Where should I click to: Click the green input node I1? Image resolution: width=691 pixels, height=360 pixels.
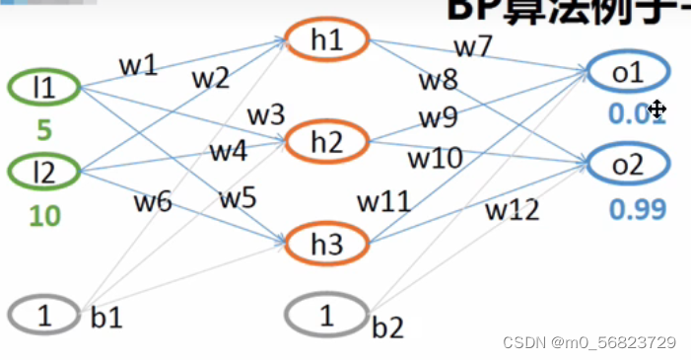coord(42,88)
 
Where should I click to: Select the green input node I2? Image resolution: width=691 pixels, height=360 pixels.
coord(42,173)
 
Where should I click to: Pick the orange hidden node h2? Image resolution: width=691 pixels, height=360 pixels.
coord(326,141)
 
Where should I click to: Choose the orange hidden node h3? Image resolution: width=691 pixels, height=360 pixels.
coord(326,241)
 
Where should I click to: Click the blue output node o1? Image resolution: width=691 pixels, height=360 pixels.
coord(628,72)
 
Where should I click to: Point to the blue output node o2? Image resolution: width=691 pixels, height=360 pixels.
coord(628,165)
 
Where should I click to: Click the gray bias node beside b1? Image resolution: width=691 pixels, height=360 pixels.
coord(42,315)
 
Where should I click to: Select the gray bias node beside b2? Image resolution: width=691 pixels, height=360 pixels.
coord(326,316)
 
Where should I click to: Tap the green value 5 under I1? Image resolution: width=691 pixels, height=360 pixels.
coord(42,129)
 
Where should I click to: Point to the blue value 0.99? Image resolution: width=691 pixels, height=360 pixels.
coord(637,208)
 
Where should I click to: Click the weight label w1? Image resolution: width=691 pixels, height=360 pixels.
coord(138,65)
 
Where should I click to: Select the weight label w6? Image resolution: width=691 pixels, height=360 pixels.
coord(153,202)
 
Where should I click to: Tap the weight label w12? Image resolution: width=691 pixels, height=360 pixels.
coord(509,209)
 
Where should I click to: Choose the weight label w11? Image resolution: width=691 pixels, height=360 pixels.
coord(383,202)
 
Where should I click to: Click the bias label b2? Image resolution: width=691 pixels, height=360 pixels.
coord(388,327)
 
